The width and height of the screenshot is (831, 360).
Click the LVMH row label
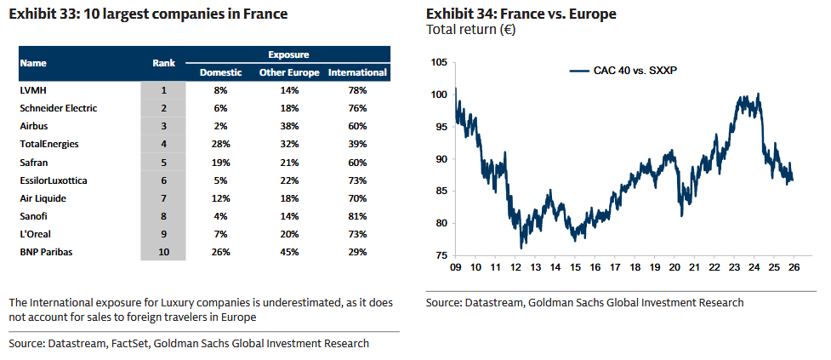[31, 89]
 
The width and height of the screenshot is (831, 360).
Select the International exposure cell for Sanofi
[357, 215]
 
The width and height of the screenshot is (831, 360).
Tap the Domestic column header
[221, 72]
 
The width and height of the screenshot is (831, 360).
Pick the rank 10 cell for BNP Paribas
[163, 252]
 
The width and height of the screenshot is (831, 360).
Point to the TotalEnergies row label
[49, 144]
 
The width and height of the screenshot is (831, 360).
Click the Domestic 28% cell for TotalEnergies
[221, 144]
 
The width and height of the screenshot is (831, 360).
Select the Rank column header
[163, 63]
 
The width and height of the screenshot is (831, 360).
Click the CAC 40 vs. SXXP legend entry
[629, 71]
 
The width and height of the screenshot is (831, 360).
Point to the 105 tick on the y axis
[439, 62]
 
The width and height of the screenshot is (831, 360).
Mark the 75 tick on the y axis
[441, 255]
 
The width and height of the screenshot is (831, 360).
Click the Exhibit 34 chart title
[521, 14]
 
